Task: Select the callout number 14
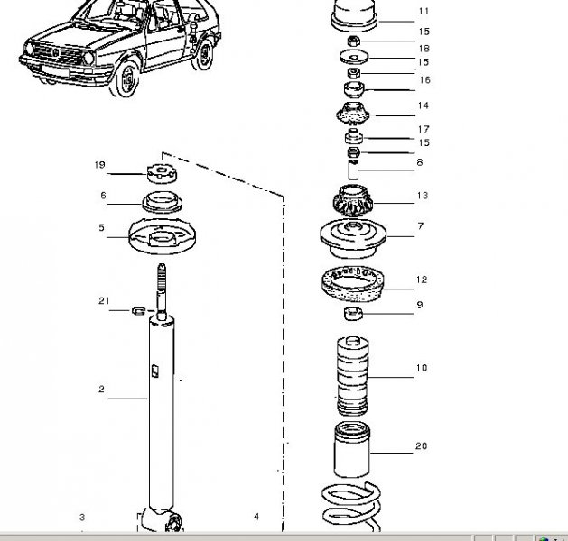point(423,105)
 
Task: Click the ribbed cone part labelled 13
point(354,197)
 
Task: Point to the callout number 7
point(420,226)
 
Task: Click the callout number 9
point(419,305)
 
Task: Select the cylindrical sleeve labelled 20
point(353,449)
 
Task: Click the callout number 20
point(421,446)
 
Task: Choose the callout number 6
point(103,195)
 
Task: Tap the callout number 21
point(104,300)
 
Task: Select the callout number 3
point(81,517)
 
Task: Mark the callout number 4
point(256,517)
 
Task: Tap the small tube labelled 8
point(354,166)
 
